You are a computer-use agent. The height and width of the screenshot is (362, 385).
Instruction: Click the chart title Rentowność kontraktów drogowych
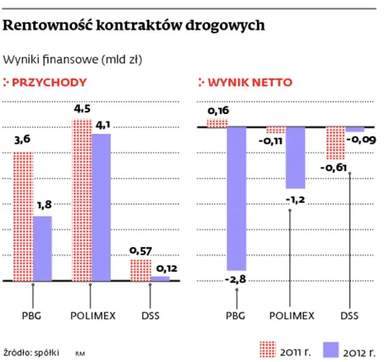point(135,26)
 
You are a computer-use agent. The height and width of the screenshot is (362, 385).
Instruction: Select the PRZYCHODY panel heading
point(53,82)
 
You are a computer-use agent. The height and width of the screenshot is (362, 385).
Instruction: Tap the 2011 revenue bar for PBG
point(22,217)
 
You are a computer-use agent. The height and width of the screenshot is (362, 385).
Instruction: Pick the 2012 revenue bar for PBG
point(42,248)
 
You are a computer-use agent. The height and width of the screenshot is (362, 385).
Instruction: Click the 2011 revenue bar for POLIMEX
point(81,200)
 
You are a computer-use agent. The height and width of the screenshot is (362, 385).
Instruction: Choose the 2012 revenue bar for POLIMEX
point(101,207)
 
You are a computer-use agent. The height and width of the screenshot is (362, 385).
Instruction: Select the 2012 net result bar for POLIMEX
point(295,158)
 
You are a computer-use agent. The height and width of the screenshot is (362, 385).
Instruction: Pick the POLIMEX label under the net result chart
point(292,316)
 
